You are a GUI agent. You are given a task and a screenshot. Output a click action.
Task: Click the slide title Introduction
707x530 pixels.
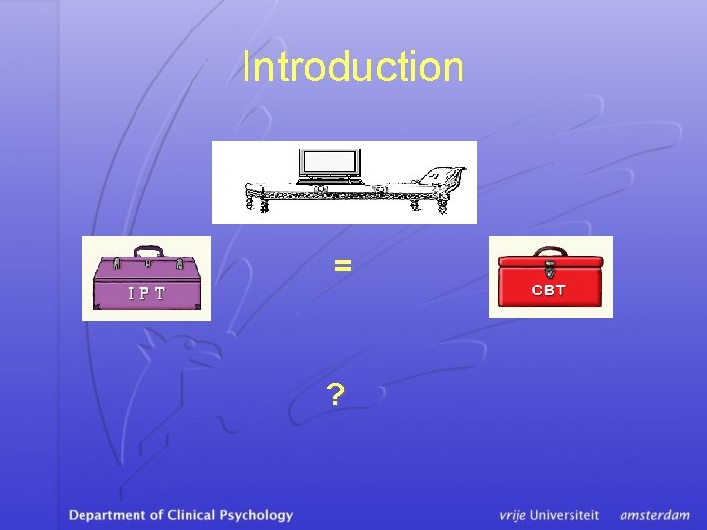pos(353,67)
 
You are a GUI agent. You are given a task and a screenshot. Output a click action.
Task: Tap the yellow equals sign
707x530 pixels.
pos(342,265)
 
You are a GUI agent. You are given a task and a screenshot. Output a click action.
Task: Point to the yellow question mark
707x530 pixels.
pos(336,395)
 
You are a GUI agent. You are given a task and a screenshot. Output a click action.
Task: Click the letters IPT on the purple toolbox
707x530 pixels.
pos(146,292)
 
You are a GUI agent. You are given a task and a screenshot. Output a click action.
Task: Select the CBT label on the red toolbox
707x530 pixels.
pos(549,290)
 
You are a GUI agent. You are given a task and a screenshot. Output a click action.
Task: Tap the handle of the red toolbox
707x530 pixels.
pos(549,251)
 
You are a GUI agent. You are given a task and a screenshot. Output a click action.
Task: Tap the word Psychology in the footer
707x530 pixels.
pos(256,514)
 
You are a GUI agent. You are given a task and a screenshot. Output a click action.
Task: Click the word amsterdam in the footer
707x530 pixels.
pos(655,514)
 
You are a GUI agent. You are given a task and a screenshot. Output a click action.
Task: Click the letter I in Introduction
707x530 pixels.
pos(246,67)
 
